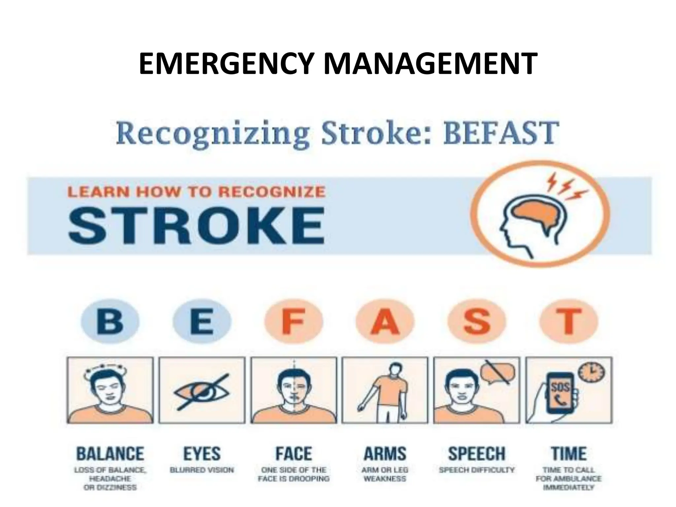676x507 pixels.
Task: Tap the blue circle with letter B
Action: [110, 321]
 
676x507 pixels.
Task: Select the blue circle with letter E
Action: [202, 321]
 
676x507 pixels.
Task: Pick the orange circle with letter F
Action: [293, 321]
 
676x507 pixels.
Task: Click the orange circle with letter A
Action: [385, 321]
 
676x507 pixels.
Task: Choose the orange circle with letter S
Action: [477, 321]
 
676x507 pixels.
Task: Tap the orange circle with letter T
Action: [568, 321]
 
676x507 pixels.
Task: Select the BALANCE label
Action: [110, 454]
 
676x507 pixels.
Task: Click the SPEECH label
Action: [477, 454]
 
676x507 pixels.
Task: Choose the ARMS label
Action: [385, 454]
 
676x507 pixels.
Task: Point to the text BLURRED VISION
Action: [202, 470]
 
